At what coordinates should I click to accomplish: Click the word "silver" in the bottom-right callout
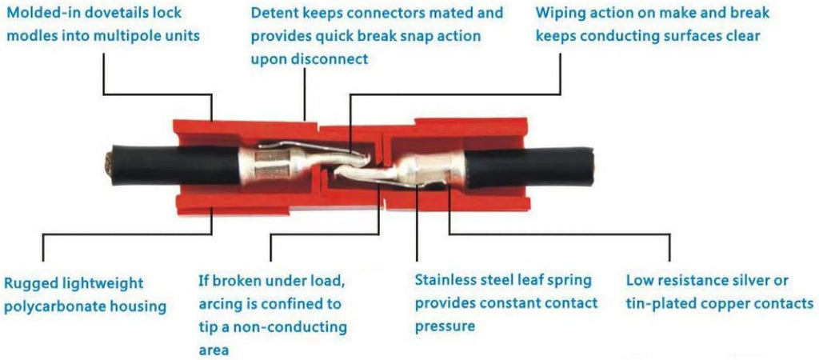[x=741, y=281]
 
